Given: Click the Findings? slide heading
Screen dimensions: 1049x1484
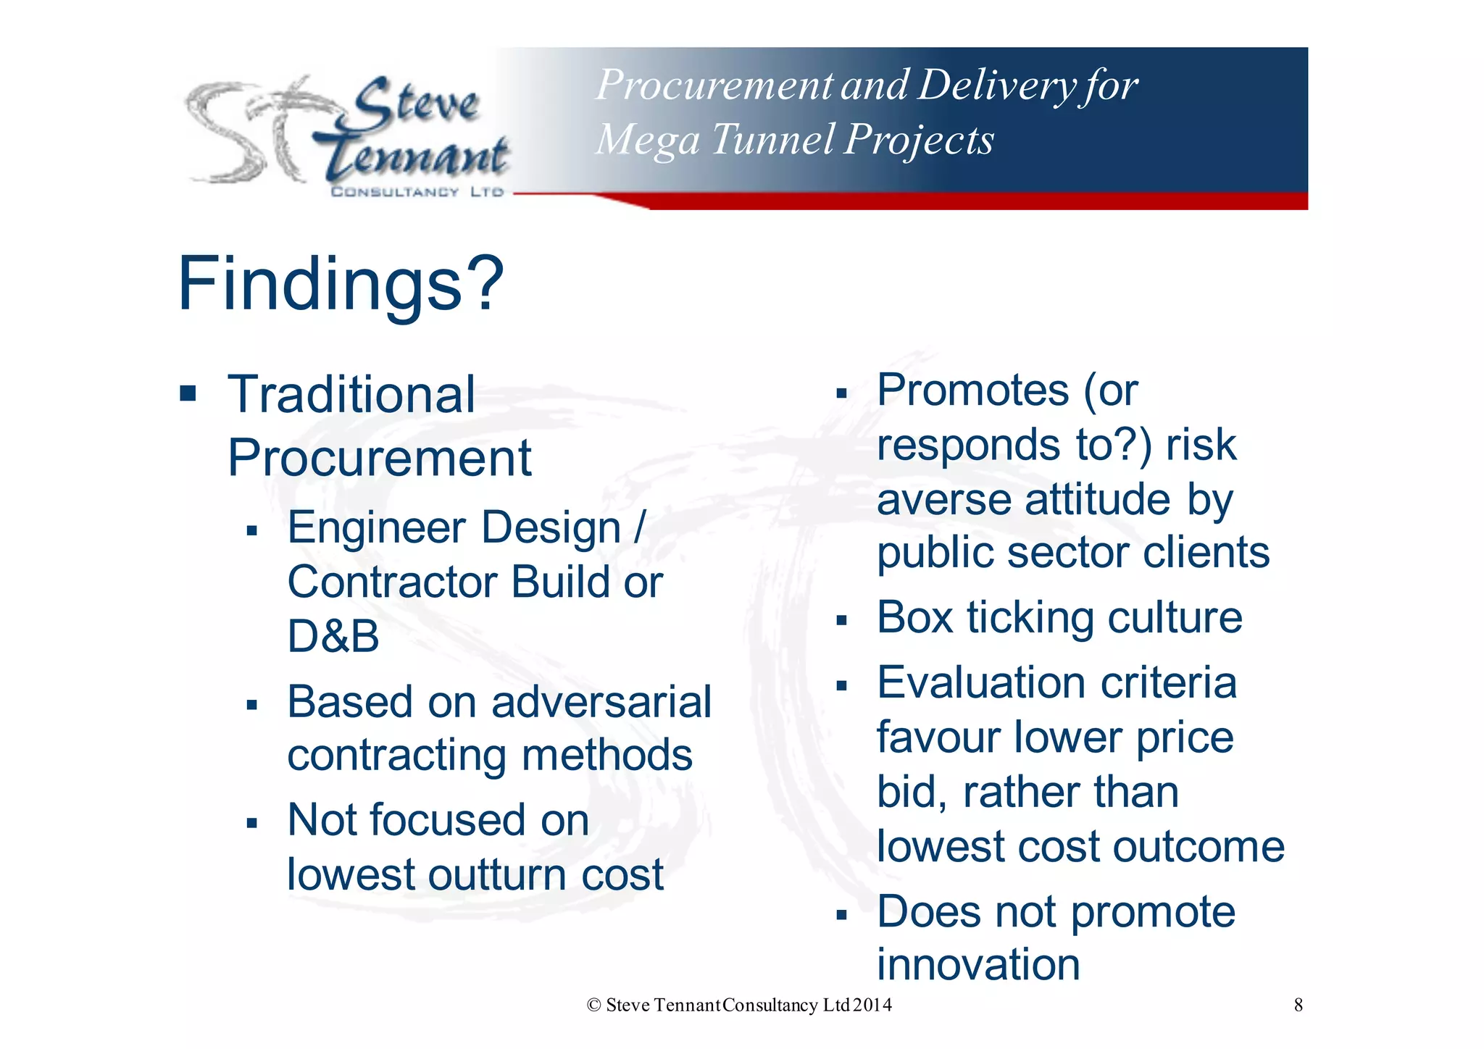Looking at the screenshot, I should click(x=341, y=284).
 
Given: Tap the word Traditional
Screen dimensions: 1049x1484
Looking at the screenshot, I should click(x=351, y=395).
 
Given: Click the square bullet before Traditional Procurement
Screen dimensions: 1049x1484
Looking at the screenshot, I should click(x=188, y=394).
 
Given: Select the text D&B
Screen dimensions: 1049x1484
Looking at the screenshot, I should click(x=333, y=636).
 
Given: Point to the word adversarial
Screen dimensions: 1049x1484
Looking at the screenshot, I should click(x=601, y=702).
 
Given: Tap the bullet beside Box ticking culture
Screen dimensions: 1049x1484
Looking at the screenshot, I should click(x=841, y=620).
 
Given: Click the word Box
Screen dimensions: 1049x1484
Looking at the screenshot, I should click(x=914, y=617).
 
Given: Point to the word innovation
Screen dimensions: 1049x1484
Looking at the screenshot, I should click(x=978, y=965).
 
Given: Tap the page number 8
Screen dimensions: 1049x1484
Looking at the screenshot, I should click(x=1298, y=1005).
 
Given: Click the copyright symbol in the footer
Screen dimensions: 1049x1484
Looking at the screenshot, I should click(x=594, y=1005).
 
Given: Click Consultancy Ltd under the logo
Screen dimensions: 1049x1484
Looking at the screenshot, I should click(x=417, y=192).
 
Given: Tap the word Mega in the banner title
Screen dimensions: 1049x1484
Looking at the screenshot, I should click(x=648, y=139).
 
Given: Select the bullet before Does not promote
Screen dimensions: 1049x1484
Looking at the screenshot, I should click(x=841, y=915).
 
